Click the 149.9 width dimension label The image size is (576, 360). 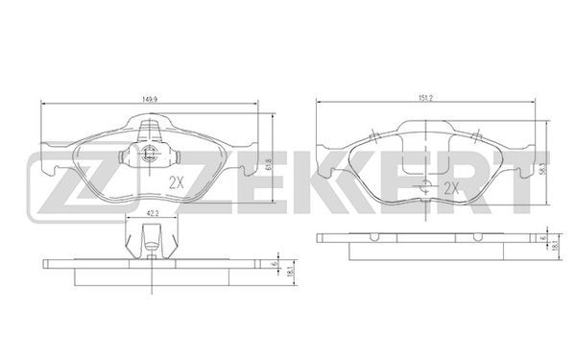pos(147,99)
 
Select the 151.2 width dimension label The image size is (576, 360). pos(425,98)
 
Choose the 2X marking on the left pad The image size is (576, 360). pos(176,182)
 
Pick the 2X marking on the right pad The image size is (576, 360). pos(451,188)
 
